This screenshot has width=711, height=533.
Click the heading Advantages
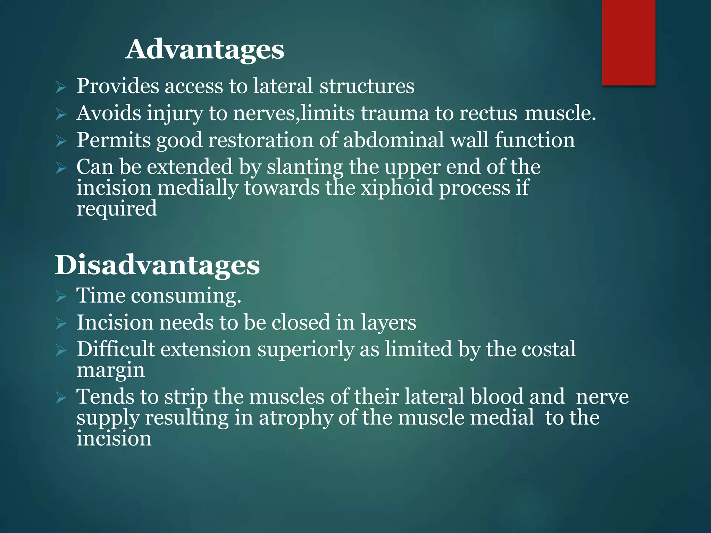[x=205, y=49]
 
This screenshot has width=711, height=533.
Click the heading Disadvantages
[x=157, y=265]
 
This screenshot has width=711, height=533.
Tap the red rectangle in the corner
[x=628, y=42]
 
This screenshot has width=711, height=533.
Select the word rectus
[x=488, y=113]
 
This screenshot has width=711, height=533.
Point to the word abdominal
[x=394, y=140]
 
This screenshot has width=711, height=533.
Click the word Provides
[x=118, y=86]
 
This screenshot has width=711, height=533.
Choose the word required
[x=117, y=209]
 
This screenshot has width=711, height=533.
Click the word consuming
[x=186, y=296]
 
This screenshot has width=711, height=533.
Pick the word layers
[x=388, y=323]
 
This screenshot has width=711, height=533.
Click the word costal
[x=549, y=349]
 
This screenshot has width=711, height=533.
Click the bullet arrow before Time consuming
[x=61, y=297]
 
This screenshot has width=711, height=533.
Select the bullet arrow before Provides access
[x=61, y=87]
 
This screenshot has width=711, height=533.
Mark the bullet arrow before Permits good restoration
[x=61, y=141]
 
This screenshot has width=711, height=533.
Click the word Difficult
[x=116, y=349]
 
